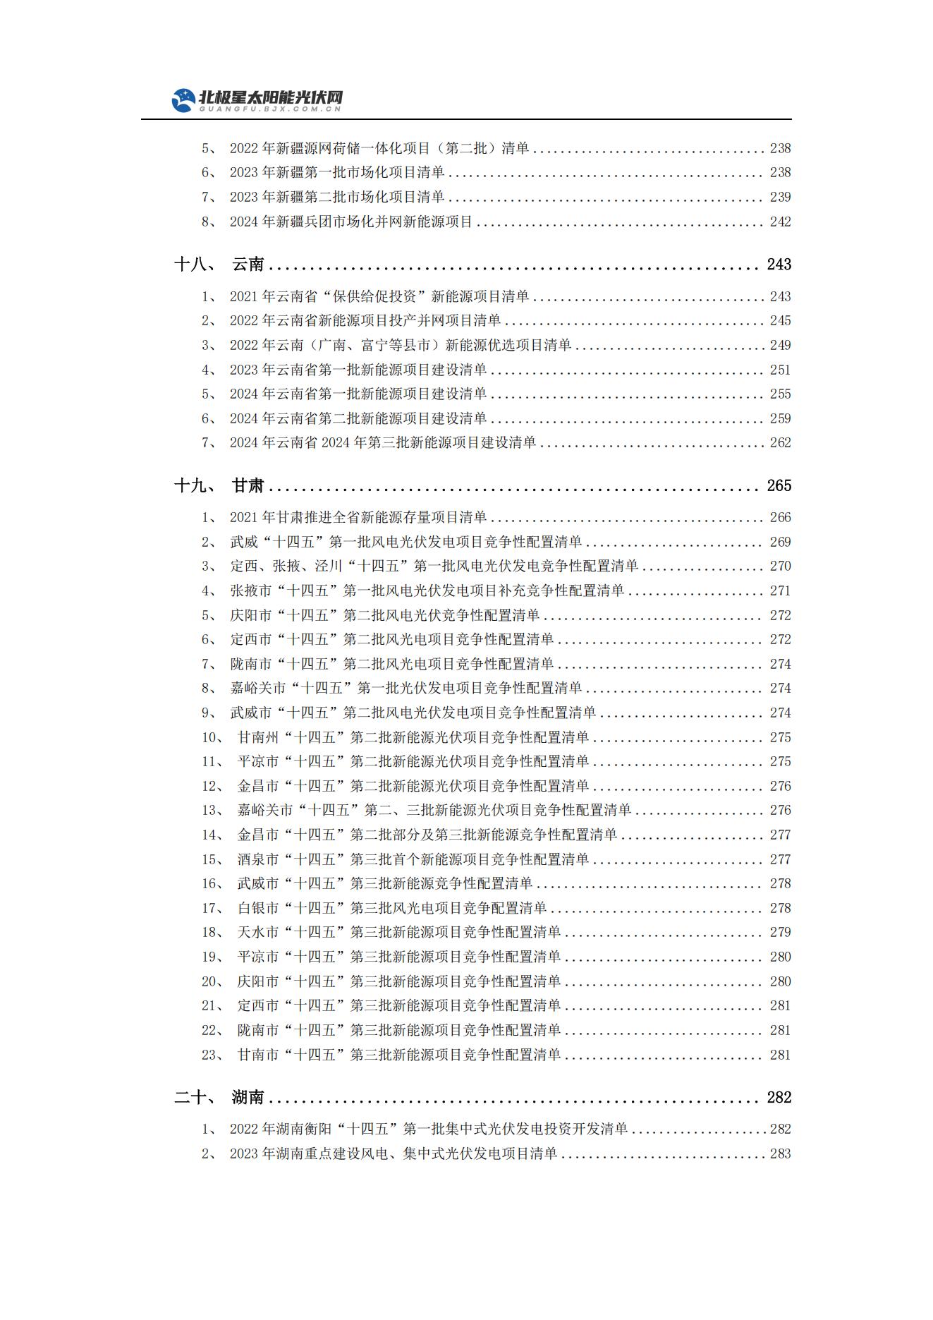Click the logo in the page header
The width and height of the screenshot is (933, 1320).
[x=257, y=100]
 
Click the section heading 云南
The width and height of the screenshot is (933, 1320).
[x=248, y=265]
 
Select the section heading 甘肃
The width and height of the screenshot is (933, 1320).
[x=248, y=485]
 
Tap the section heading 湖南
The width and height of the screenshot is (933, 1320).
[x=248, y=1097]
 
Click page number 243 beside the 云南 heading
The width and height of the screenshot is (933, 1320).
[x=779, y=265]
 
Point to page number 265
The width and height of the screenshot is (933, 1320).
[x=779, y=485]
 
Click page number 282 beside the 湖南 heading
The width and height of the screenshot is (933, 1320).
[x=779, y=1097]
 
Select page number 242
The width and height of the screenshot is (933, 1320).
[x=780, y=222]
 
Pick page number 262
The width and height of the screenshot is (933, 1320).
[x=780, y=442]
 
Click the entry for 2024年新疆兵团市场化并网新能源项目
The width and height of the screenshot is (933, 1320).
[x=350, y=222]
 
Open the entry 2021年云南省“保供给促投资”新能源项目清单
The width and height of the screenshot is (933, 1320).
[x=379, y=296]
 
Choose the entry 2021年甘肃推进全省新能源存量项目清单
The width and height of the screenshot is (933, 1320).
[x=358, y=517]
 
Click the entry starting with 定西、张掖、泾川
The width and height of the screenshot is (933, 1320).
[x=434, y=566]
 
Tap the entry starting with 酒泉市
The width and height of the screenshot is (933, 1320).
[x=413, y=859]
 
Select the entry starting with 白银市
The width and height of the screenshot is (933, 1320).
[x=391, y=908]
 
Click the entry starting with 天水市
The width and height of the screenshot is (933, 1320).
[x=398, y=932]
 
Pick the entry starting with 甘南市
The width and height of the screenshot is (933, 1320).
[x=398, y=1055]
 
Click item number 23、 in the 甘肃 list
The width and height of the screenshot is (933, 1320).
[x=213, y=1055]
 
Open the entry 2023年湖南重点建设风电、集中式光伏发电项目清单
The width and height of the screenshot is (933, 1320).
[x=393, y=1154]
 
